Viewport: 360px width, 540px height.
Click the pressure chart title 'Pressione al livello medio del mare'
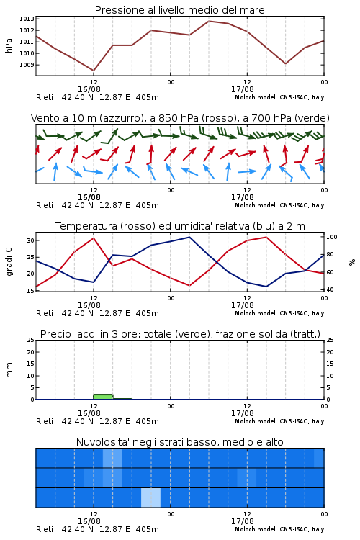(179, 10)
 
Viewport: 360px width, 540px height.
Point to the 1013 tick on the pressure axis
(27, 19)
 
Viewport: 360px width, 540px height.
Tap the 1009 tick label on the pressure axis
(27, 65)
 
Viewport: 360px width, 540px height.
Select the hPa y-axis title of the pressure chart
(9, 45)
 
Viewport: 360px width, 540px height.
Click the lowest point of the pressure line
(94, 71)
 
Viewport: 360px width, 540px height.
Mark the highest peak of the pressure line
(208, 21)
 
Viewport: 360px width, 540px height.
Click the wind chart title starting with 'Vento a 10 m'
(180, 118)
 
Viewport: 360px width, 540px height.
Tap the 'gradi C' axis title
(9, 261)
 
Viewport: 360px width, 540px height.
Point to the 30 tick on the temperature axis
(31, 240)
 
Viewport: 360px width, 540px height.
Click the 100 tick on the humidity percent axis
(331, 237)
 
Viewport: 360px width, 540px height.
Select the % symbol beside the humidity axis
(352, 262)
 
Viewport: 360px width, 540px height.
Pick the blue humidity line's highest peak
(189, 237)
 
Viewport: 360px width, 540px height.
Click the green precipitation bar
(103, 397)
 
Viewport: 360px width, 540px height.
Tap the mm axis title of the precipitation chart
(9, 370)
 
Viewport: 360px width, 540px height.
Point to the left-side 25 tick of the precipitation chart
(31, 340)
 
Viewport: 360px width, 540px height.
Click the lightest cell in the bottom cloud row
(151, 498)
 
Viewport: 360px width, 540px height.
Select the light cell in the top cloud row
(112, 458)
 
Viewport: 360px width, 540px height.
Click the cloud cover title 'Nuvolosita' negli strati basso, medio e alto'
(179, 442)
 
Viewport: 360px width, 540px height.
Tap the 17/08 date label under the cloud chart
(243, 521)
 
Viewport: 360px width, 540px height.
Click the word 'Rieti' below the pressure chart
(45, 97)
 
